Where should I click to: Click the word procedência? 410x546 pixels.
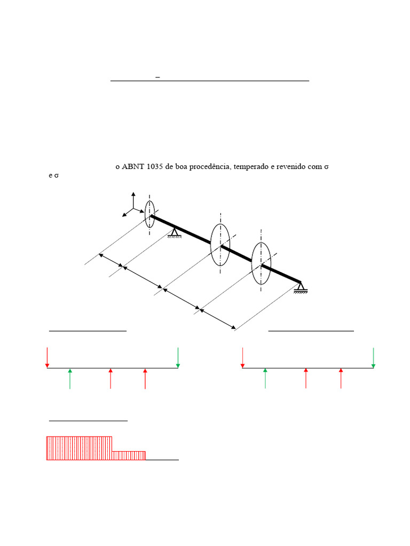tap(208, 167)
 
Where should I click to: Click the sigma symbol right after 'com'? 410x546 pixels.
tap(326, 167)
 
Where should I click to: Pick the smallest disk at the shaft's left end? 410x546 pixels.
tap(150, 214)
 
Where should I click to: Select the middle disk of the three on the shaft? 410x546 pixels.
tap(220, 245)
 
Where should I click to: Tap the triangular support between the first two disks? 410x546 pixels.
tap(175, 233)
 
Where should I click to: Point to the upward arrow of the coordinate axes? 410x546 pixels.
tap(133, 198)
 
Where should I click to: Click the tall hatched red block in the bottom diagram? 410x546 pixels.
tap(80, 448)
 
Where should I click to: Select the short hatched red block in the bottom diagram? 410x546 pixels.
tap(129, 455)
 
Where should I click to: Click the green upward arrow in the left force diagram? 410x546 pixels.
tap(70, 378)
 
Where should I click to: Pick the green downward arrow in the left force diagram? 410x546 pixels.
tap(178, 357)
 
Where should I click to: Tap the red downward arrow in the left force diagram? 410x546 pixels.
tap(48, 357)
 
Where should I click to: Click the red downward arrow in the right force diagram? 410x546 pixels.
tap(243, 357)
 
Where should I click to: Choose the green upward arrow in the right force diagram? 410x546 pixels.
tap(265, 378)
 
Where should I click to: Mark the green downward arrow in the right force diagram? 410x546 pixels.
tap(373, 357)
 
